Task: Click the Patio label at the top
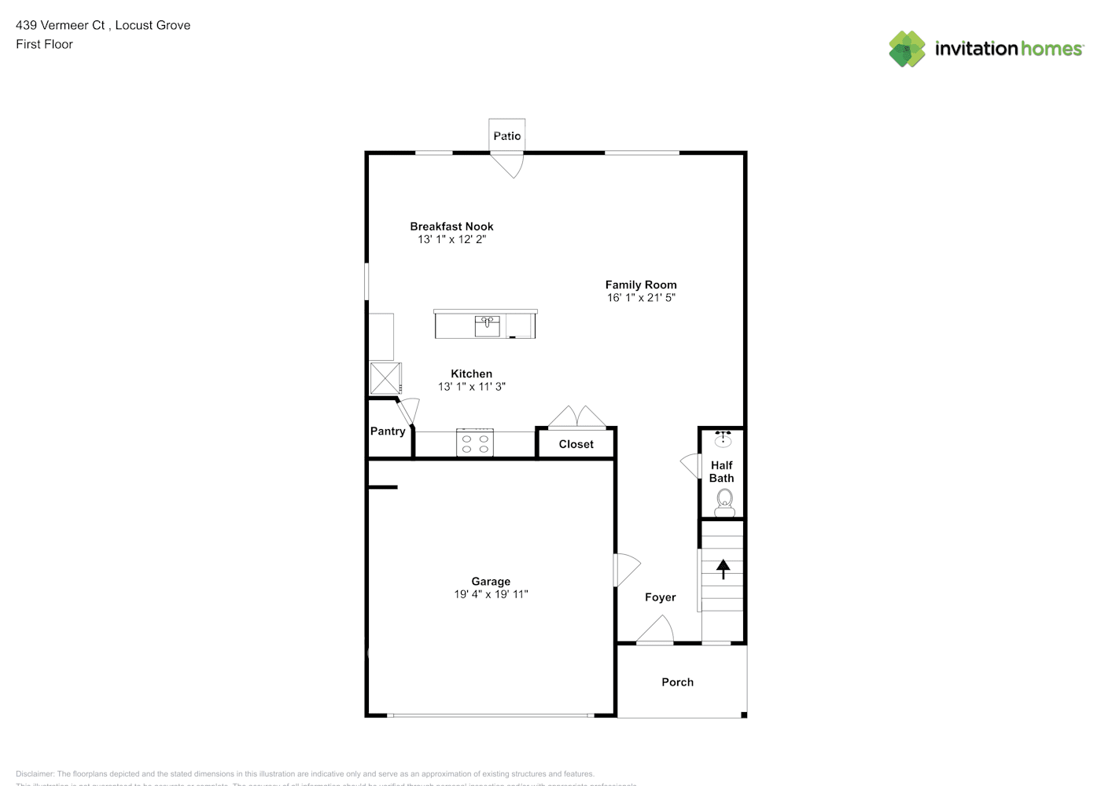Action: click(506, 136)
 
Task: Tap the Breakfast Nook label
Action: click(451, 226)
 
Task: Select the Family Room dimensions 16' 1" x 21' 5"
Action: click(641, 298)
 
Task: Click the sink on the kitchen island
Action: click(487, 325)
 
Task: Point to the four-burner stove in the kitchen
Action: click(475, 443)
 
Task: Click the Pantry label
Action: click(388, 432)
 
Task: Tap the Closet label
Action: click(576, 444)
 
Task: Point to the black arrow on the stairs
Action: click(723, 568)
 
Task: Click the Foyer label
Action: click(660, 597)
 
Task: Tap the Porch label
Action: click(677, 682)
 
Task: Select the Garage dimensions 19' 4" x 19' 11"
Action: click(491, 594)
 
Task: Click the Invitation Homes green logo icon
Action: click(907, 49)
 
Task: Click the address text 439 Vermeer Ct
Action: click(61, 25)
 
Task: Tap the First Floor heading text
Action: click(44, 44)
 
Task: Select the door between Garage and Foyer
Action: click(625, 570)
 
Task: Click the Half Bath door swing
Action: click(690, 466)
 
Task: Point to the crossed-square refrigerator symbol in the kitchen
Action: click(385, 378)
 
